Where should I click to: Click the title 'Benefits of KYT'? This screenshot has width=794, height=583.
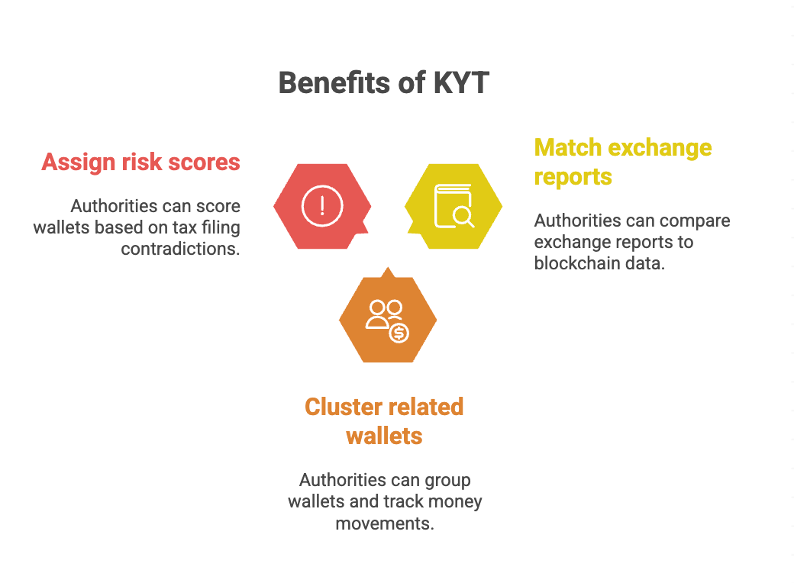383,82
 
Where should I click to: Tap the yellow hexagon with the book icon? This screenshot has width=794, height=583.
453,206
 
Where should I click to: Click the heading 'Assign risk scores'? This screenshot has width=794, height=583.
140,162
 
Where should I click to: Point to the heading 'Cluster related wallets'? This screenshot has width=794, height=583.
384,421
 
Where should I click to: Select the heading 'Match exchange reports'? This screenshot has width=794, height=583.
623,162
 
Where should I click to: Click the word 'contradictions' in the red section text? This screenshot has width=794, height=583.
180,249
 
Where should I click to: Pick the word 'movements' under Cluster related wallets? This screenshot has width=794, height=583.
385,523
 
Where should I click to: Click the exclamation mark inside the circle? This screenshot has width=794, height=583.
322,206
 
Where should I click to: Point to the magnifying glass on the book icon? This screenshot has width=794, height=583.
463,217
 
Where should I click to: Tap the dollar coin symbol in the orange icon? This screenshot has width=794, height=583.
399,333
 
